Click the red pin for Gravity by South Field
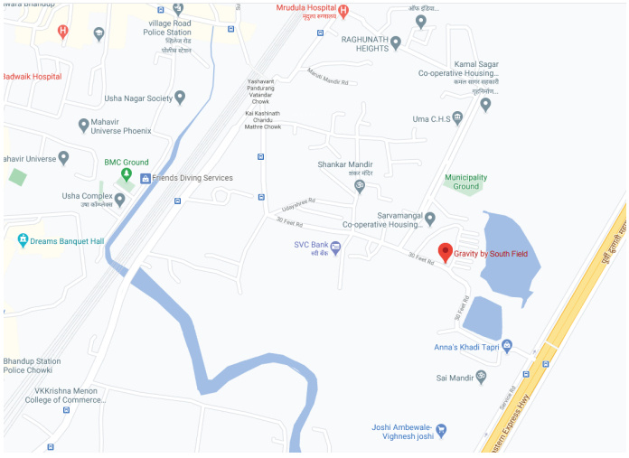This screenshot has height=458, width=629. coord(445,252)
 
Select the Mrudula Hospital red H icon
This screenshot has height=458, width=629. coord(343,11)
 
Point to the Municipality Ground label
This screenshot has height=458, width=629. coord(465,182)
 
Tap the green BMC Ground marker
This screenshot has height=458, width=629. coord(127,174)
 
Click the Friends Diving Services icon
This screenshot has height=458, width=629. coord(145,178)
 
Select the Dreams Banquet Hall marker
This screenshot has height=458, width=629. coord(23,241)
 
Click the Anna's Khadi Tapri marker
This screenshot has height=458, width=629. coord(507,345)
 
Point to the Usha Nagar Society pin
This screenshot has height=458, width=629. coord(180,97)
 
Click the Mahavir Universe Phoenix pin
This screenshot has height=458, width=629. coord(84,125)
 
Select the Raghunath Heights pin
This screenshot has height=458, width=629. coord(395,42)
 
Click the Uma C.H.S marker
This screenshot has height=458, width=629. coord(457,118)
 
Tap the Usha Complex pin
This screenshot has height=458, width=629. coord(119,197)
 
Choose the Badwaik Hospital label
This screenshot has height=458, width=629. coord(32,77)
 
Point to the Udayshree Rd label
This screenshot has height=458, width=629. coord(298,204)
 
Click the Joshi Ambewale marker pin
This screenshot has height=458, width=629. coord(443,431)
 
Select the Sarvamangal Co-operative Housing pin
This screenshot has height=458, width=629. coord(430,218)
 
